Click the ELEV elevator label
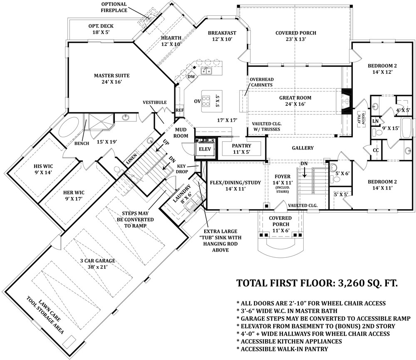(205, 149)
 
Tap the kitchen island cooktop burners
(206, 101)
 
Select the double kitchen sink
(206, 71)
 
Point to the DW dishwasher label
(191, 77)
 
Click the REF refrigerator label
(180, 110)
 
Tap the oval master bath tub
(69, 128)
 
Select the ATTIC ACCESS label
(361, 119)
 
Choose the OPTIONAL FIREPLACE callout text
(114, 7)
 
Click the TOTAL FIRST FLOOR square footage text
(317, 283)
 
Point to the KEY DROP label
(182, 169)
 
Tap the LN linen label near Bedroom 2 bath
(375, 121)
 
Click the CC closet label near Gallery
(376, 150)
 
